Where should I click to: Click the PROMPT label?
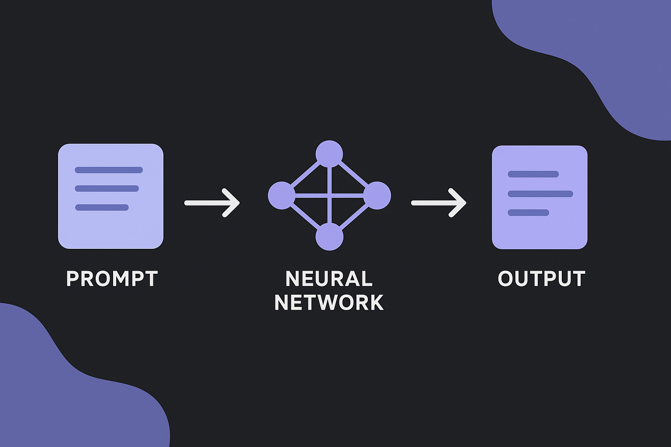click(x=112, y=279)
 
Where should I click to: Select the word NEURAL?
click(x=329, y=279)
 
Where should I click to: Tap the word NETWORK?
click(x=329, y=303)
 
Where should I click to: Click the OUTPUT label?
click(x=541, y=279)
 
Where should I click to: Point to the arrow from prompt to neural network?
click(x=212, y=203)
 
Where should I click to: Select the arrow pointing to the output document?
click(x=439, y=203)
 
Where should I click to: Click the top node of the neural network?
click(x=329, y=154)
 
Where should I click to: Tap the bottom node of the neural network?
click(x=329, y=237)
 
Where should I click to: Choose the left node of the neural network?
click(x=281, y=196)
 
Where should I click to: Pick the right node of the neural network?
click(x=377, y=196)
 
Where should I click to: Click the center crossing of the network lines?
click(x=329, y=196)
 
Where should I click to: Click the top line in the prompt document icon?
click(x=109, y=170)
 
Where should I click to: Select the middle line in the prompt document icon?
click(x=107, y=189)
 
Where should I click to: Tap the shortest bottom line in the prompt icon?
click(x=102, y=207)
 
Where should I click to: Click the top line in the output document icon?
click(x=533, y=174)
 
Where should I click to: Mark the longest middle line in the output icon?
click(x=540, y=194)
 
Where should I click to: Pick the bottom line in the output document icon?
click(x=528, y=213)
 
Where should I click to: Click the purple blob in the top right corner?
click(x=612, y=52)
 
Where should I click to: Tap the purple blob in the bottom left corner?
click(x=66, y=393)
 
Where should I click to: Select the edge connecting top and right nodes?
click(x=354, y=175)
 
